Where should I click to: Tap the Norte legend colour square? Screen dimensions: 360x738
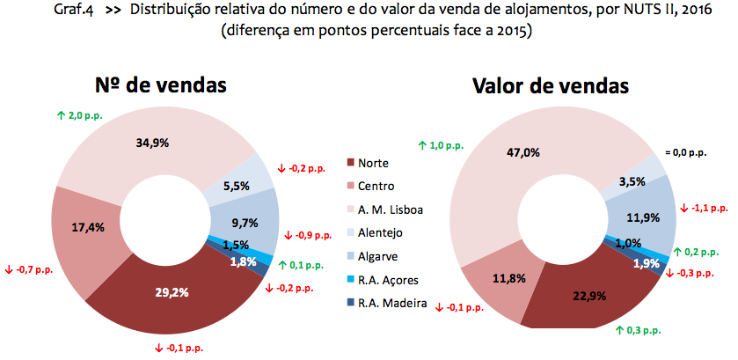[x=351, y=163]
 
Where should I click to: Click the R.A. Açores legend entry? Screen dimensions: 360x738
[x=389, y=280]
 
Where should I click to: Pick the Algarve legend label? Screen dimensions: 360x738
[x=379, y=256]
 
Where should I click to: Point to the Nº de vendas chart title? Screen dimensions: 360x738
[x=161, y=85]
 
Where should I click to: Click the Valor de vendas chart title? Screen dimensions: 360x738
[x=551, y=85]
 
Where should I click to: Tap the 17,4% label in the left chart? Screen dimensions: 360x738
[x=88, y=227]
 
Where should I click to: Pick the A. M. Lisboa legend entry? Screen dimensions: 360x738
[x=391, y=209]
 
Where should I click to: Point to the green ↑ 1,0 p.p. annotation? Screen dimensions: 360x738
[x=442, y=145]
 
